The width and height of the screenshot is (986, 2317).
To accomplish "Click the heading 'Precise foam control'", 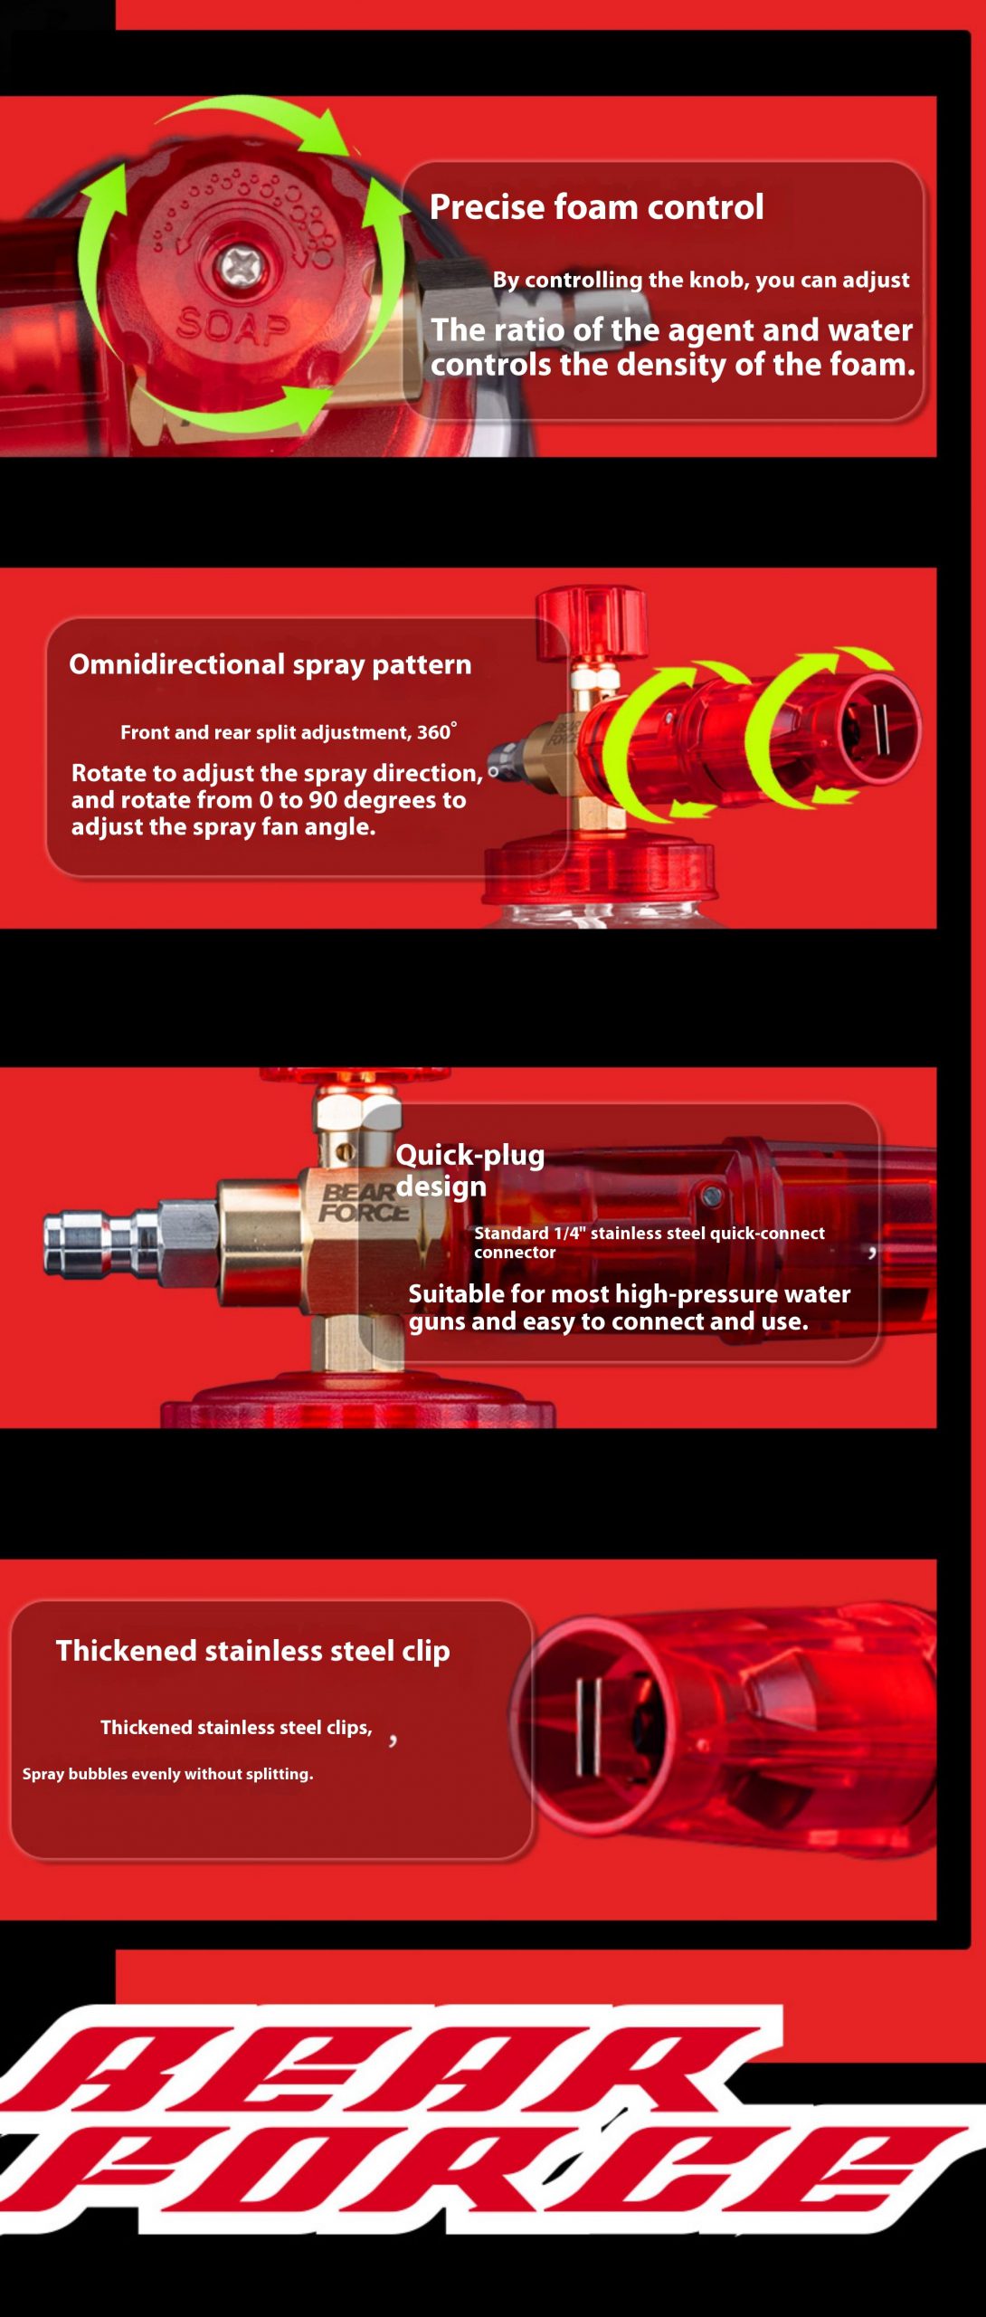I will [x=596, y=207].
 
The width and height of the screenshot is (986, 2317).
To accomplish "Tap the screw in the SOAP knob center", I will [x=241, y=266].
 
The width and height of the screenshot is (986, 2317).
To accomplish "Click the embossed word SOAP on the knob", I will [x=232, y=325].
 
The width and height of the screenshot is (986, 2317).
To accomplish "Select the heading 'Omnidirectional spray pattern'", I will [x=270, y=664].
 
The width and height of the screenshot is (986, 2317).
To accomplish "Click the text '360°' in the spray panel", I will [x=437, y=731].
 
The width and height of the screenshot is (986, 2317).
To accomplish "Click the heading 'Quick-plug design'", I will [x=469, y=1169].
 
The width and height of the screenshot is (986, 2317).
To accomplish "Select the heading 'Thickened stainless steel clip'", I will [x=252, y=1651].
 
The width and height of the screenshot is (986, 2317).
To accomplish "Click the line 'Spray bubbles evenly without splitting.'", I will [x=167, y=1774].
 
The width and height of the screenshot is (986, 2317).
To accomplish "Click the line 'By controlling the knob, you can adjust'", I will [x=701, y=281].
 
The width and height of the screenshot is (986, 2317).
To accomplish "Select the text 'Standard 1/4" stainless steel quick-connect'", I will [x=649, y=1233].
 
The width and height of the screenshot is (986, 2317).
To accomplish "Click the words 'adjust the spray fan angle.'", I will [x=223, y=826].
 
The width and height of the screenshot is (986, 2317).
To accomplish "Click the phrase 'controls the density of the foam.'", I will [x=672, y=365].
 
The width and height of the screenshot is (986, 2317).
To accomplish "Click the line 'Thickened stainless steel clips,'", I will [x=236, y=1727].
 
